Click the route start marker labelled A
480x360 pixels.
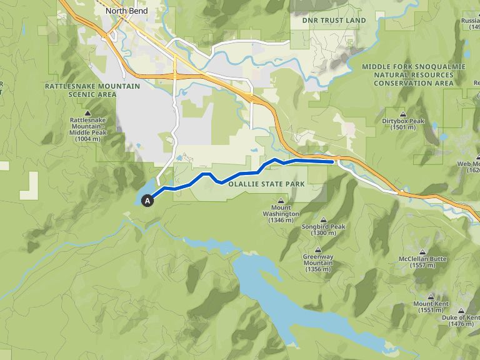pos(147,201)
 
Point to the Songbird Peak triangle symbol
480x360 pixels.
pos(324,219)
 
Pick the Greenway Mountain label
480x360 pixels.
pos(317,260)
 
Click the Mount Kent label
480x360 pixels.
pos(427,304)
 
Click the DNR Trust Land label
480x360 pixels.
pos(334,21)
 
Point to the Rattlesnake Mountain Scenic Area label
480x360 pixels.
pos(81,90)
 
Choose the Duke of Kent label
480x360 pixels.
pos(461,317)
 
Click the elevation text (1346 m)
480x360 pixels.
pos(281,220)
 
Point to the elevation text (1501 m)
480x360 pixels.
pos(402,127)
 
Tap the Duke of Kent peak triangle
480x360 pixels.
pos(461,311)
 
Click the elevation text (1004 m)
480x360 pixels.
pos(87,139)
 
